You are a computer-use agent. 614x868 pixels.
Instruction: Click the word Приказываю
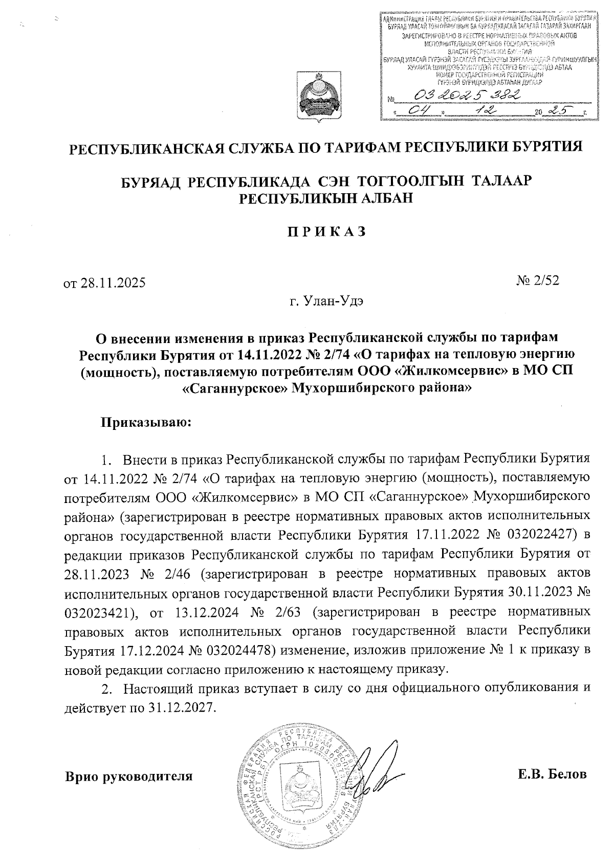[x=146, y=422]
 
